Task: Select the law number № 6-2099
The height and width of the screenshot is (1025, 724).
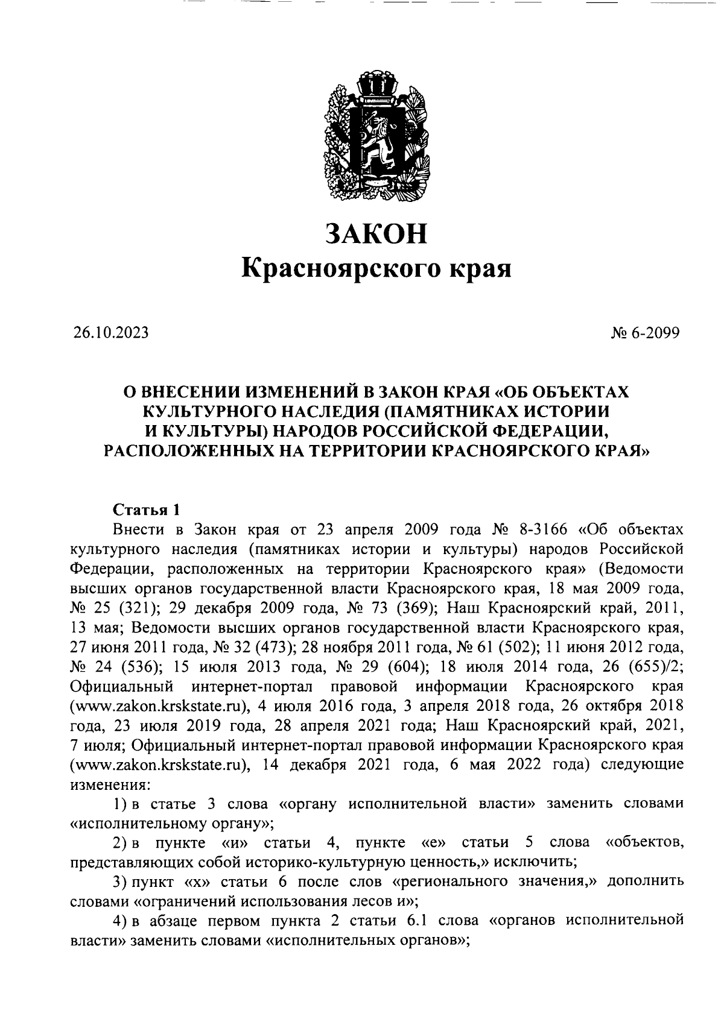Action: pos(645,333)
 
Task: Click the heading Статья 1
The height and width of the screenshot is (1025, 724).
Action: pos(147,510)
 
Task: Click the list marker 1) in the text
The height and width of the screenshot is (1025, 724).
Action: pos(119,804)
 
